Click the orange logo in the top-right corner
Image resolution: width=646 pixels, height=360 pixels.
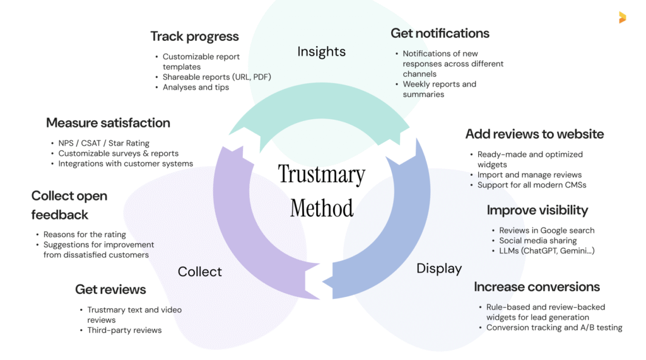622,18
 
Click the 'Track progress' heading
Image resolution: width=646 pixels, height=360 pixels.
195,36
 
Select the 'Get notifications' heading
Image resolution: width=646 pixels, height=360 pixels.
440,33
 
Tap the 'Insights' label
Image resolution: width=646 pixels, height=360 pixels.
321,52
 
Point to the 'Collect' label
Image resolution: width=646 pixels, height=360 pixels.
199,272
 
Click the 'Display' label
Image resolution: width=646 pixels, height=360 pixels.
439,269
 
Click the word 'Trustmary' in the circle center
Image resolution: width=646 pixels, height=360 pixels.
322,175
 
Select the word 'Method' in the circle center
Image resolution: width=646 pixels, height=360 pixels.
322,207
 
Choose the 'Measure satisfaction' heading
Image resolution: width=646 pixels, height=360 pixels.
108,122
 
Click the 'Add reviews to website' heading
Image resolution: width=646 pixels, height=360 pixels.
534,134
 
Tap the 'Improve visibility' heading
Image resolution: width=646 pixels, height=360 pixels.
537,210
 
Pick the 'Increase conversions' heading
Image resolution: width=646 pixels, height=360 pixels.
537,287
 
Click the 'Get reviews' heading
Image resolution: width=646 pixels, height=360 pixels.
110,289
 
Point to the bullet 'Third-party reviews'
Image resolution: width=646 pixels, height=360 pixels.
124,330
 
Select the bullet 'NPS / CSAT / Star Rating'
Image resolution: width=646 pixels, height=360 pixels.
103,143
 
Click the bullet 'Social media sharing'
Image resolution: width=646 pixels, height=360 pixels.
537,241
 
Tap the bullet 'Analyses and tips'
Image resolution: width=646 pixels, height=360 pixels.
196,87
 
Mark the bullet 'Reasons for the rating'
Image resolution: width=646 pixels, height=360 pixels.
85,235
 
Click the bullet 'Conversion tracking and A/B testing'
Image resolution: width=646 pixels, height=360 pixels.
554,328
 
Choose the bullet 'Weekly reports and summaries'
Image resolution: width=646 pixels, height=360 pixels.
439,89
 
